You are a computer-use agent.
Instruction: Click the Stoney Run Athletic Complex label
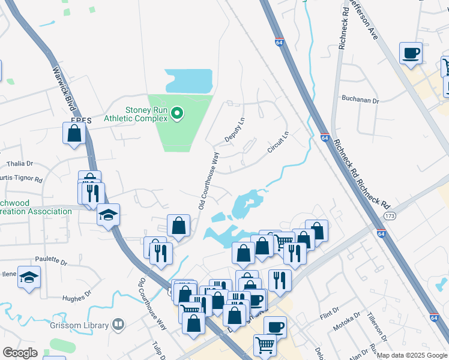(x=146, y=113)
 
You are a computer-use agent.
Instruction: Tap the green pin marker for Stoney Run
(x=176, y=113)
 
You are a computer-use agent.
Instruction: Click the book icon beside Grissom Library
(x=118, y=326)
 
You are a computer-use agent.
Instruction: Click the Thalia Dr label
(x=20, y=163)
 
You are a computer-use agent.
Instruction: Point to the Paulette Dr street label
(x=55, y=261)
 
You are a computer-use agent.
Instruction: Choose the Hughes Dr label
(x=77, y=295)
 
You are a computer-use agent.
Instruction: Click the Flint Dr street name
(x=330, y=313)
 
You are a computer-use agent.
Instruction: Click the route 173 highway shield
(x=391, y=215)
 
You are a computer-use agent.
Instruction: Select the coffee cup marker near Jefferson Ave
(x=411, y=54)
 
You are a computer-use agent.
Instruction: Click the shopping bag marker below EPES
(x=74, y=134)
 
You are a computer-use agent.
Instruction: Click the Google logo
(x=20, y=353)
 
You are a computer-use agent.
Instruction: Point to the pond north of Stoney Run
(x=188, y=81)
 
